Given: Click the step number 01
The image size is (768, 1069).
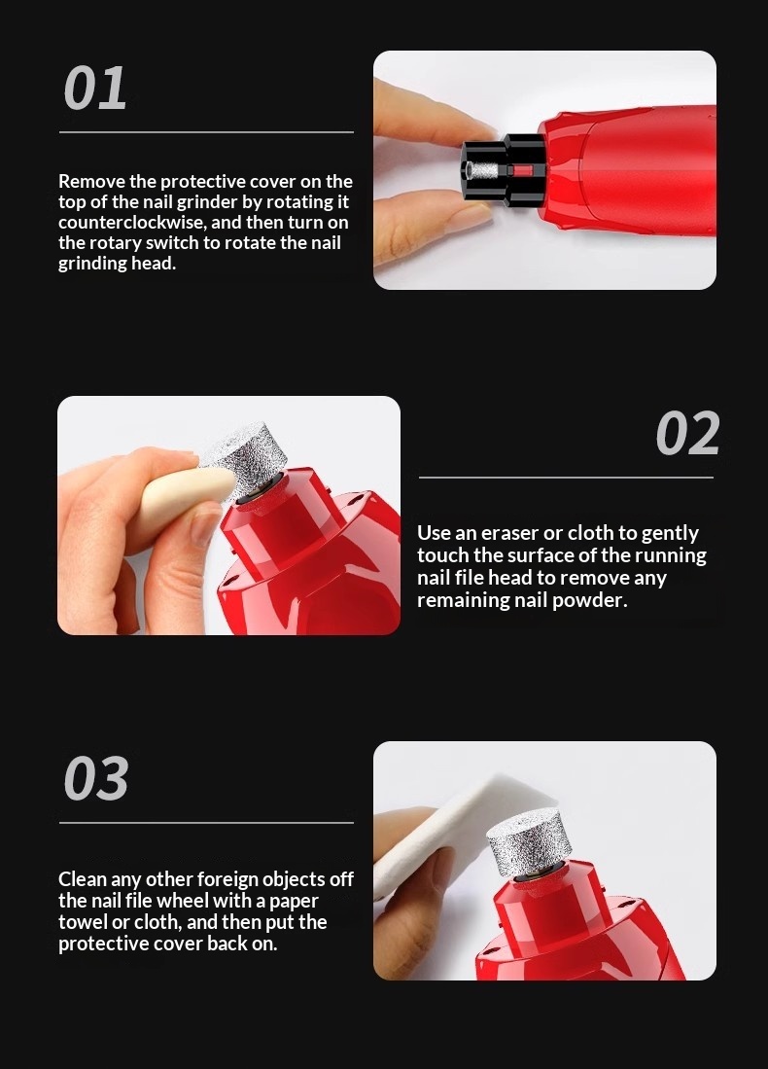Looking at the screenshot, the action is pyautogui.click(x=95, y=89).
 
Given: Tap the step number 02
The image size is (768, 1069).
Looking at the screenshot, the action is pyautogui.click(x=687, y=434).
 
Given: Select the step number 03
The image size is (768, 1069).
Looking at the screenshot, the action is pyautogui.click(x=96, y=778).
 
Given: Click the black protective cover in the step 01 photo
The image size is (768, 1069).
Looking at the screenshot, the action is pyautogui.click(x=503, y=171).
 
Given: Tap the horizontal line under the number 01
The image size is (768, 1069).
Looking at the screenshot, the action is pyautogui.click(x=206, y=132).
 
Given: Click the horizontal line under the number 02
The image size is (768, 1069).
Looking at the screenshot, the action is pyautogui.click(x=566, y=478).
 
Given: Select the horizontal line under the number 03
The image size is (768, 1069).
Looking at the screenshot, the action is pyautogui.click(x=206, y=823).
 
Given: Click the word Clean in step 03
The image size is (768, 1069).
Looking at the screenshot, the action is pyautogui.click(x=82, y=879).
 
